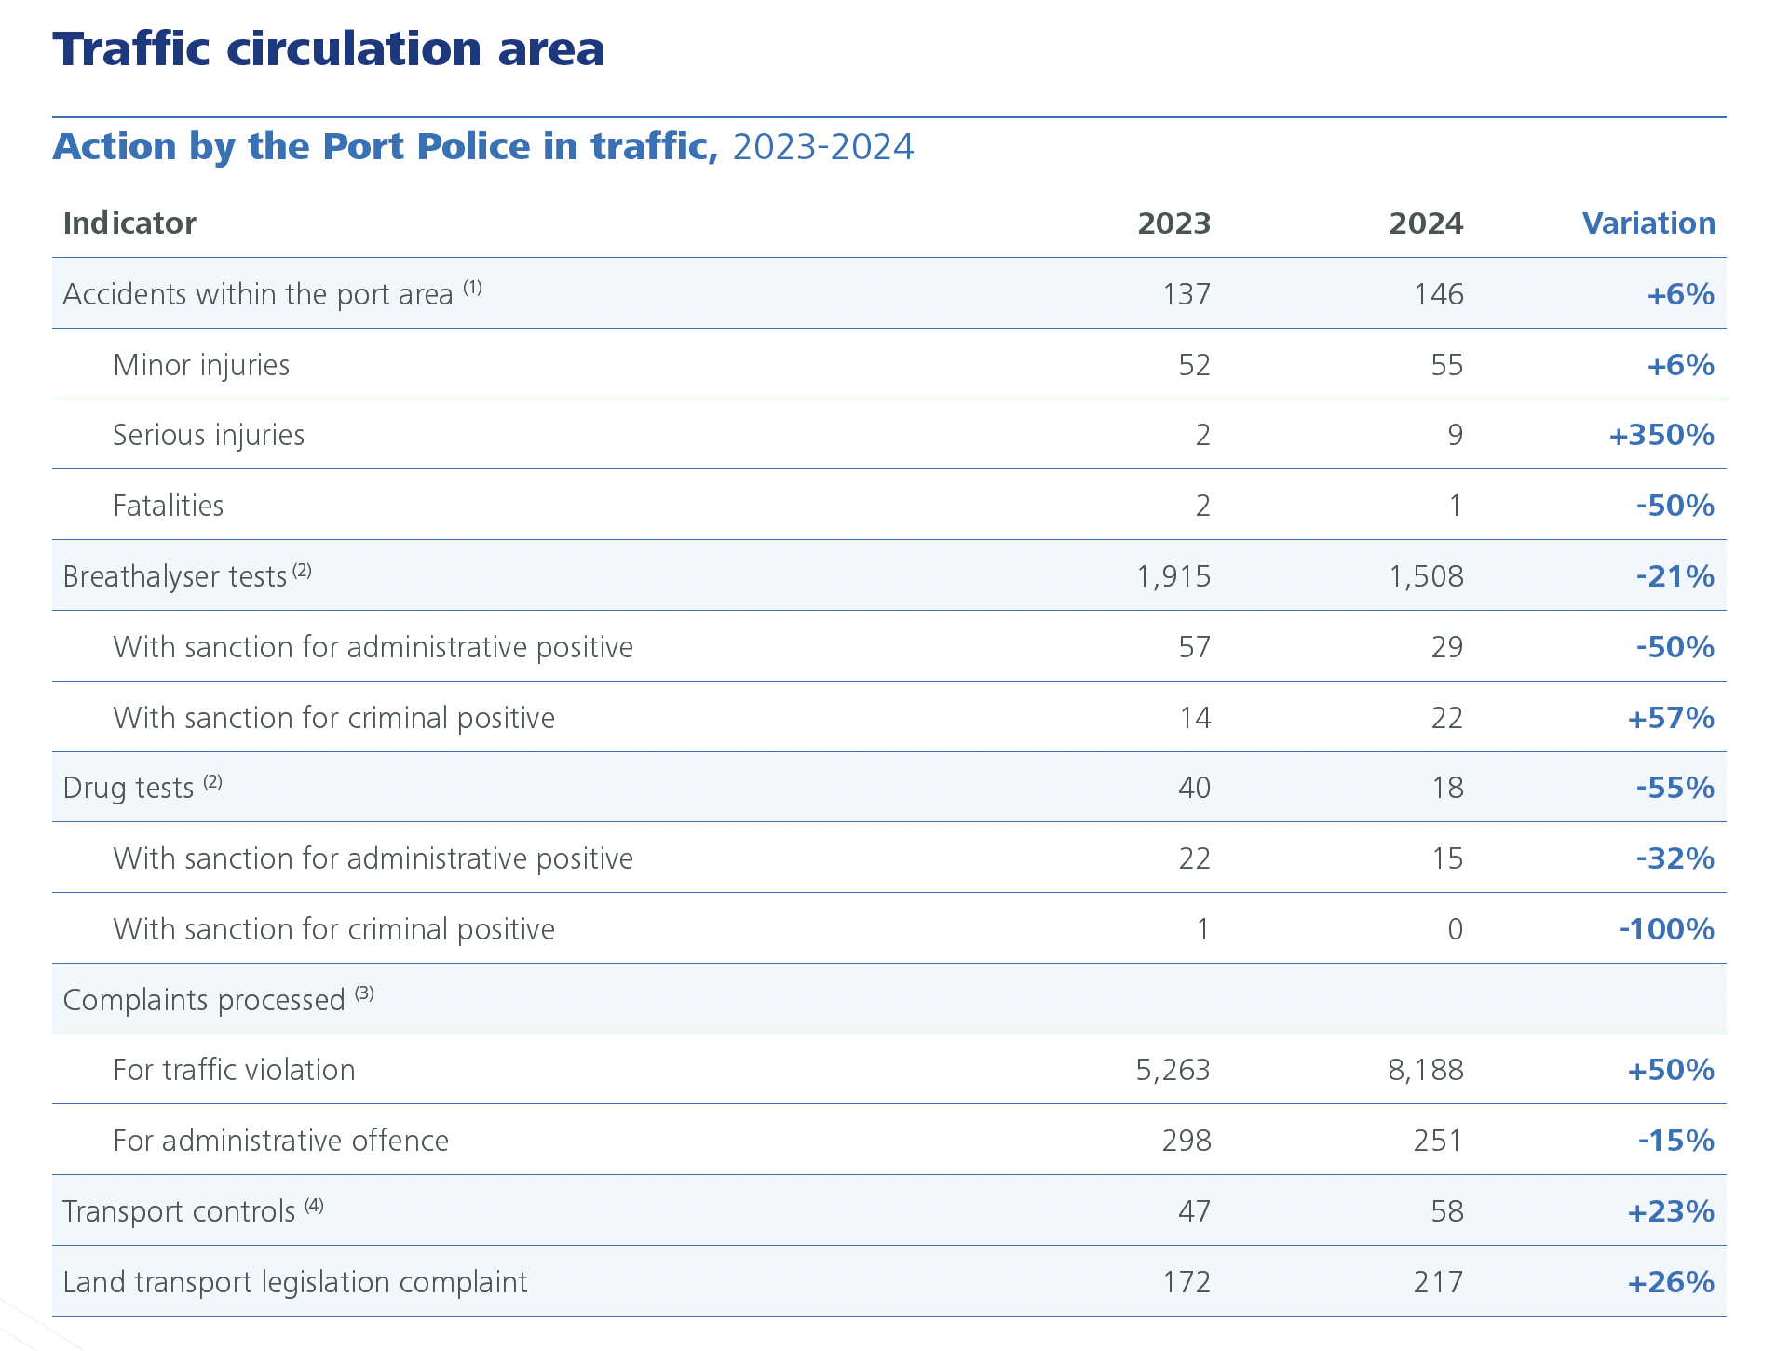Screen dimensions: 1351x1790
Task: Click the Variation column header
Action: (1648, 223)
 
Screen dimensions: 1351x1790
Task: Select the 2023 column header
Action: (1173, 223)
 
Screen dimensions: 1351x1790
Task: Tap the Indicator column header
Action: (129, 223)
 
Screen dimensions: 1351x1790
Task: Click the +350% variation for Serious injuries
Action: (1661, 435)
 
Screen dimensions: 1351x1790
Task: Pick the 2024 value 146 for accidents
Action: (1438, 294)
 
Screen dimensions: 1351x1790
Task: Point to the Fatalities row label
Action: (169, 506)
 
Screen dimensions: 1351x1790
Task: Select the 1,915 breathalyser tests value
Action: (1173, 576)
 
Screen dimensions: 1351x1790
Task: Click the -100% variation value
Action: (1666, 929)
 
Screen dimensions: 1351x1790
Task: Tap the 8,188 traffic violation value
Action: (1425, 1070)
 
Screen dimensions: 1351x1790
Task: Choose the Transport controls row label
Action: (178, 1211)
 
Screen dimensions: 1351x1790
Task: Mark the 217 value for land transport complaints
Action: (1438, 1282)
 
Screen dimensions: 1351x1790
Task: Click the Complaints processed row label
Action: (203, 1000)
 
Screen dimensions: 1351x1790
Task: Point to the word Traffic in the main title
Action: (131, 48)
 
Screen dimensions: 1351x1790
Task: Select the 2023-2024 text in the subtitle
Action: (823, 147)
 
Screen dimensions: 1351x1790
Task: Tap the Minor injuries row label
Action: (201, 365)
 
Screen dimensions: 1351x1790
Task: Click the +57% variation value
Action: (1670, 718)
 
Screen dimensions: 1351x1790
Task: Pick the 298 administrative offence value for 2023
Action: (1186, 1141)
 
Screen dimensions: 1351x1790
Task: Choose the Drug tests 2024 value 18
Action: (1447, 788)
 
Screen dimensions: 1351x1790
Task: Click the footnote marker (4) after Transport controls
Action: (314, 1206)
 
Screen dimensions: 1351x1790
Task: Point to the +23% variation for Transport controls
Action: (1670, 1211)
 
